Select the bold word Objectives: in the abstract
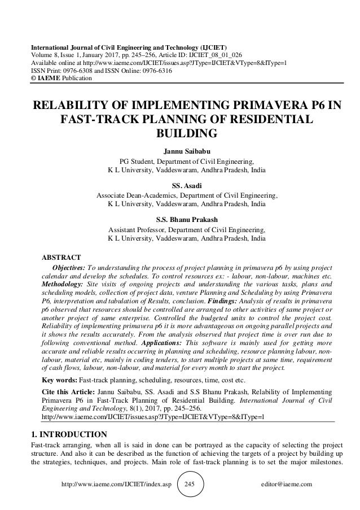point(69,268)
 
